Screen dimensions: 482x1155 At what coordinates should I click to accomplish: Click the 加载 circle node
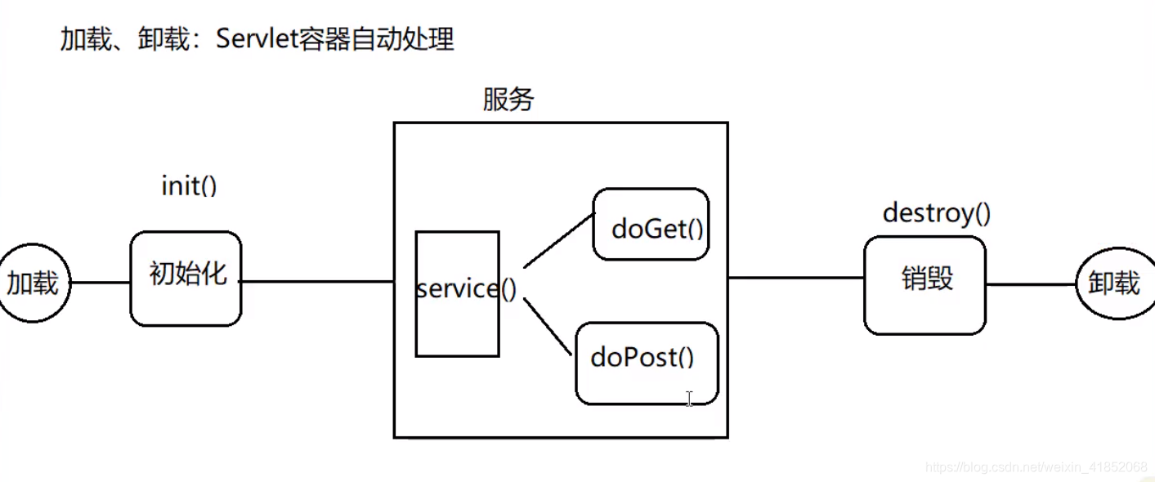pyautogui.click(x=34, y=283)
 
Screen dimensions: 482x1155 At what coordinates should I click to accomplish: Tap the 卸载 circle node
pyautogui.click(x=1114, y=283)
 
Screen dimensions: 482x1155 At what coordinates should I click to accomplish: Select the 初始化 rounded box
pyautogui.click(x=186, y=278)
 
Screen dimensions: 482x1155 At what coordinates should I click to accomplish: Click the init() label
pyautogui.click(x=189, y=186)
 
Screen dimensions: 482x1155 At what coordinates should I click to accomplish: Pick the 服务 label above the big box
pyautogui.click(x=508, y=100)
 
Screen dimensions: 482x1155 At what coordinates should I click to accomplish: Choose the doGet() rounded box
pyautogui.click(x=651, y=225)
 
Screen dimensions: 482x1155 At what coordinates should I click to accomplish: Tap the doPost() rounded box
pyautogui.click(x=647, y=363)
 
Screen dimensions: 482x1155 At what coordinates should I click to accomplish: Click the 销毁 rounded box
pyautogui.click(x=925, y=284)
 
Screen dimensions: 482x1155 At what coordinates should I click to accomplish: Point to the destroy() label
pyautogui.click(x=937, y=213)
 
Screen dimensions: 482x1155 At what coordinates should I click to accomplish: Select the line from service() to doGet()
pyautogui.click(x=559, y=241)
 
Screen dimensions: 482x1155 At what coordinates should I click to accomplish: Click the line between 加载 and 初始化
pyautogui.click(x=101, y=283)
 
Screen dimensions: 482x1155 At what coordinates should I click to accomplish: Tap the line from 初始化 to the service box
pyautogui.click(x=317, y=283)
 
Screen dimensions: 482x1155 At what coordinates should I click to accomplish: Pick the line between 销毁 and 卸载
pyautogui.click(x=1030, y=284)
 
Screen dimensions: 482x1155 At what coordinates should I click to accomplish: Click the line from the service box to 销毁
pyautogui.click(x=795, y=278)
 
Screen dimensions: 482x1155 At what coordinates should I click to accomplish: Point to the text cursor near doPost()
pyautogui.click(x=689, y=399)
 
